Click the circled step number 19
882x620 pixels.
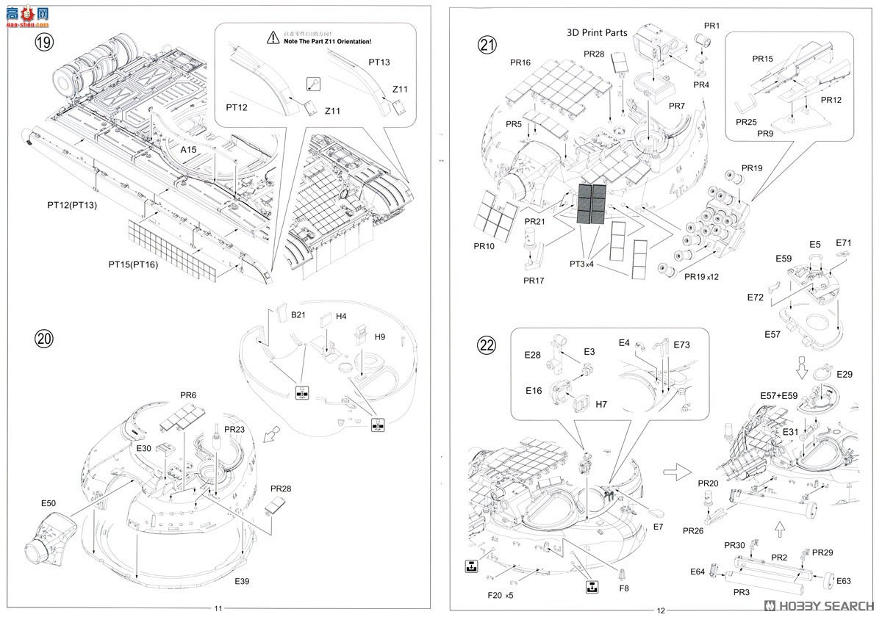(43, 42)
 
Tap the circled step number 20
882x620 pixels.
(45, 339)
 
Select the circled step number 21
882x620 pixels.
(487, 46)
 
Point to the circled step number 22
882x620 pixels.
(487, 345)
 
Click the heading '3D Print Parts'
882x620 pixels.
(597, 32)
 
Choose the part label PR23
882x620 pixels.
(234, 429)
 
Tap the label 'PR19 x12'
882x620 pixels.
(702, 276)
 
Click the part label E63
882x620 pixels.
(843, 580)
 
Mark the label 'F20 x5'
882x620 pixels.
(499, 594)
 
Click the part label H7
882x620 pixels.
(601, 404)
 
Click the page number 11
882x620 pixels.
(218, 608)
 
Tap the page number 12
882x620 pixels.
(660, 610)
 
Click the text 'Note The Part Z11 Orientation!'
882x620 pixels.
(327, 41)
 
